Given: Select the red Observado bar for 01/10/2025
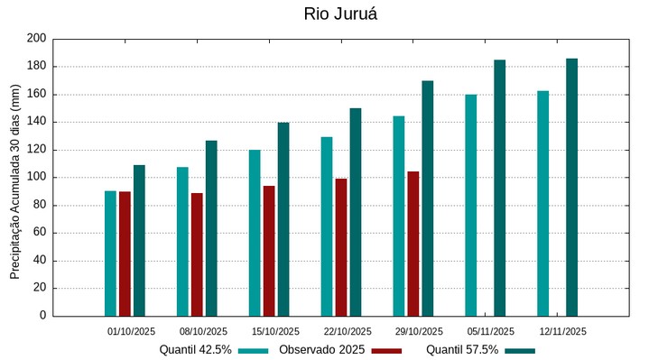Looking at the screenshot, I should pos(125,254).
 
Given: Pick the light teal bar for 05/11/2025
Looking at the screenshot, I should pos(470,205).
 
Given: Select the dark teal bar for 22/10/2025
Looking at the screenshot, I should pos(356,212).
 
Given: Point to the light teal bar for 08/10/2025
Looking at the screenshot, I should pos(182,241).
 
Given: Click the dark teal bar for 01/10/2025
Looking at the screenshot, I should pos(139,240).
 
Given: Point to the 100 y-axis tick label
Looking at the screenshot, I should pos(36,178).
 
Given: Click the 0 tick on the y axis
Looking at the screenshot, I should pos(42,316).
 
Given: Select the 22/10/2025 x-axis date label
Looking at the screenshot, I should pos(347,331).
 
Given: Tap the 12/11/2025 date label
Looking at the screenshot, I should pos(563,331).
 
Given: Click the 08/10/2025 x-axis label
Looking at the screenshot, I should pos(203,331).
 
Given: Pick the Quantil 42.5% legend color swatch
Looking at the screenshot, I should pos(254,350).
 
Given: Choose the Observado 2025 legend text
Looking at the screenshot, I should pos(321,350).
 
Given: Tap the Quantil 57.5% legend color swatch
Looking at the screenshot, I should pos(520,350).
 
